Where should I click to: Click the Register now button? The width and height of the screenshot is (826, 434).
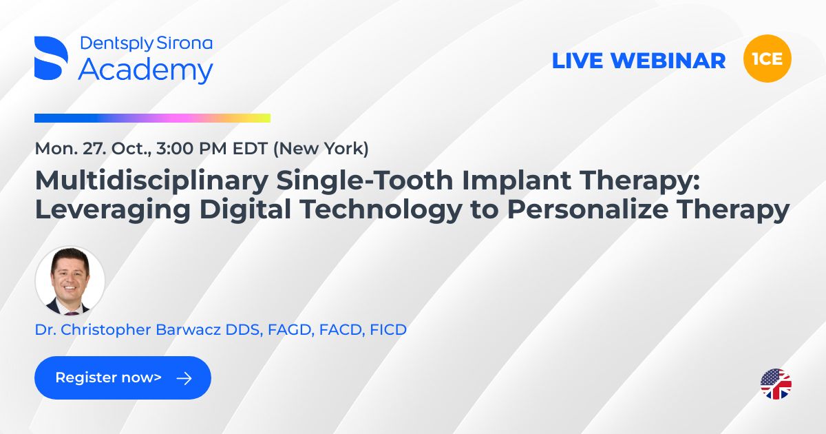(x=123, y=378)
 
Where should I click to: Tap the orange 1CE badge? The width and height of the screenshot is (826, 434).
(x=767, y=59)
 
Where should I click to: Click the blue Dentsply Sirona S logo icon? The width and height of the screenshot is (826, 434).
(x=51, y=58)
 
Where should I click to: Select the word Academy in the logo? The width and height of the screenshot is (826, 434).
(x=145, y=70)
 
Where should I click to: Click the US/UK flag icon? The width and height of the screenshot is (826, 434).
(x=776, y=384)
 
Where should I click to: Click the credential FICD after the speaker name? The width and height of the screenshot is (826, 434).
(x=388, y=330)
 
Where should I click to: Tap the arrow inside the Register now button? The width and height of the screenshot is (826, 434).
(x=184, y=378)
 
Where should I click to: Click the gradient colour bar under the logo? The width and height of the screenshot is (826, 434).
(x=152, y=118)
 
